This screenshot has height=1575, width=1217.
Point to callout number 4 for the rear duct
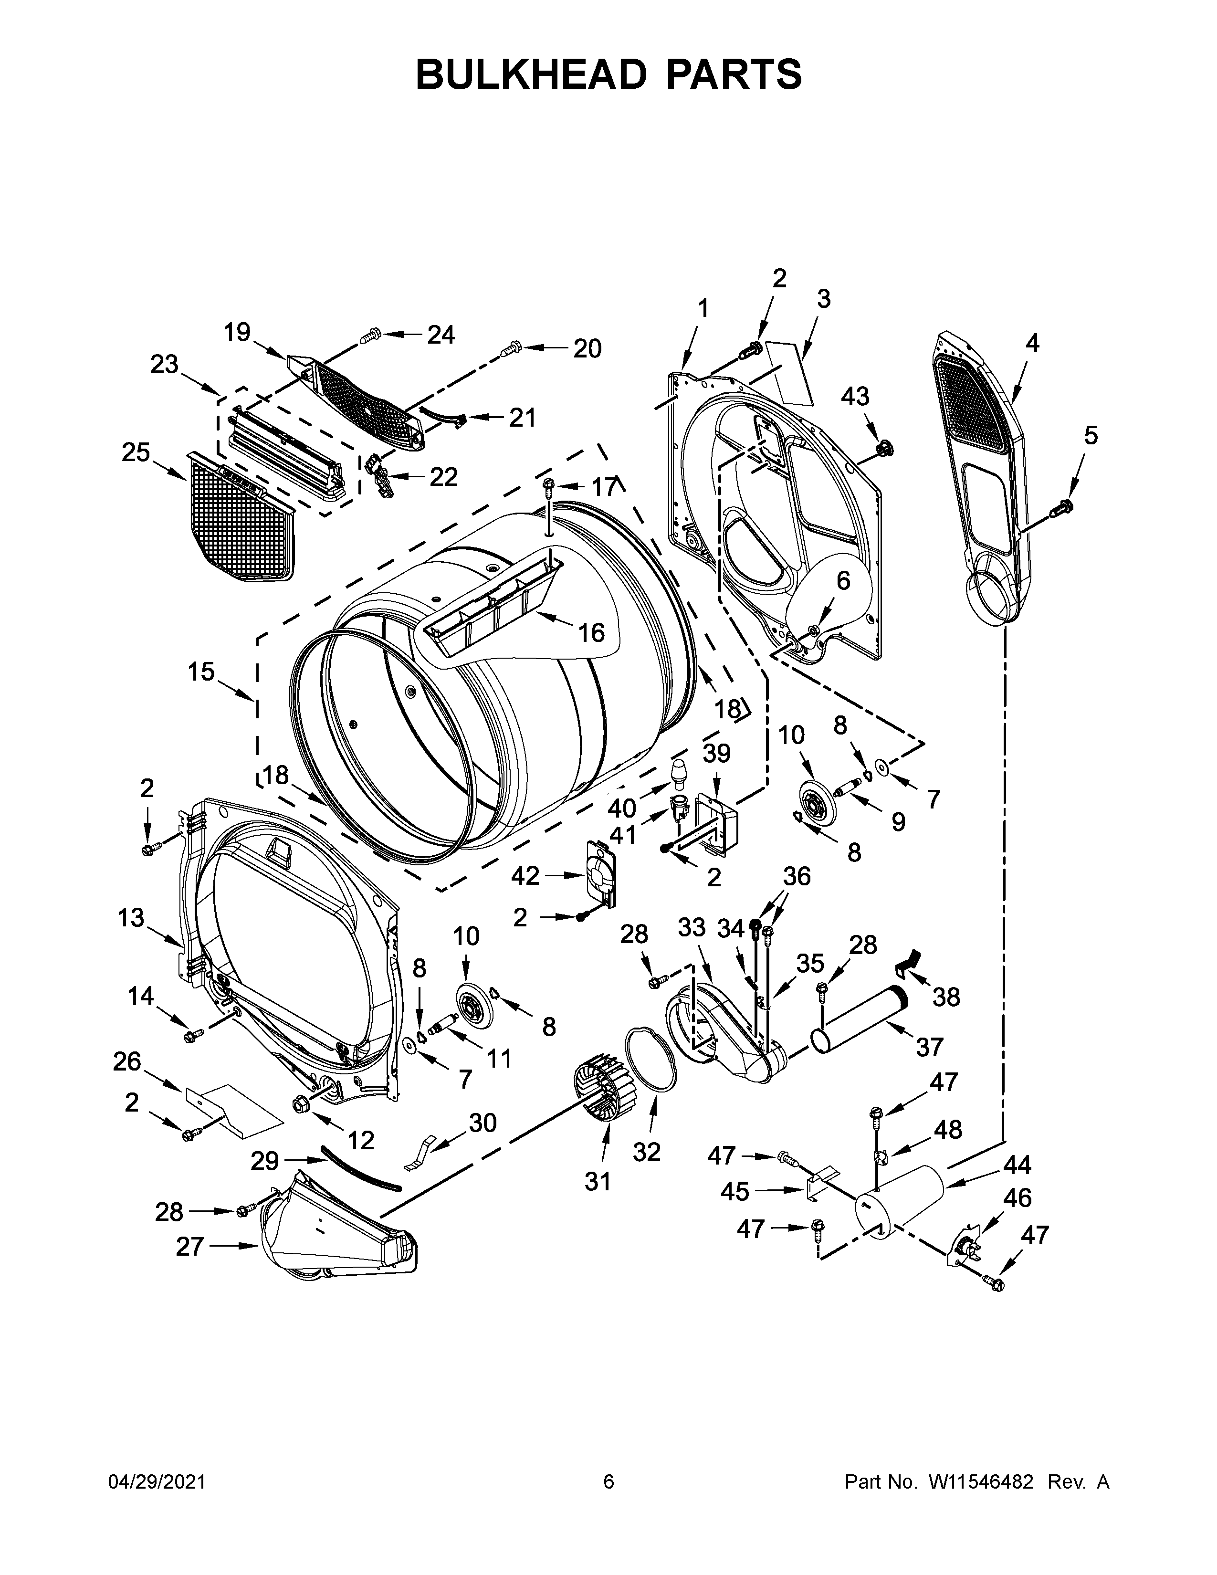click(1032, 343)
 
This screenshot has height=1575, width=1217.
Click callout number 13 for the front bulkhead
click(131, 918)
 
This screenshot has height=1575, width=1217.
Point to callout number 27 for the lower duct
click(190, 1247)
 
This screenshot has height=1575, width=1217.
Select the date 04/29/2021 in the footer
click(157, 1481)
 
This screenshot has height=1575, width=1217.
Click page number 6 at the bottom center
click(608, 1481)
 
